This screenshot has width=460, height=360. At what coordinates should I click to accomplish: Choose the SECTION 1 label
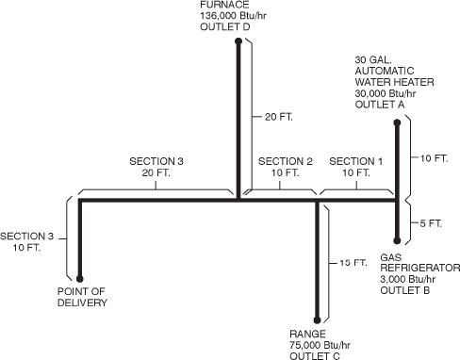[x=356, y=161]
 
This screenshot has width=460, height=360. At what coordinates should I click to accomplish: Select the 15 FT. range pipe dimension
[x=351, y=262]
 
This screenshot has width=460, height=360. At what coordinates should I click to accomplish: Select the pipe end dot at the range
[x=317, y=320]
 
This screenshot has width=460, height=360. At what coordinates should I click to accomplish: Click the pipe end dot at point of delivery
[x=80, y=279]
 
